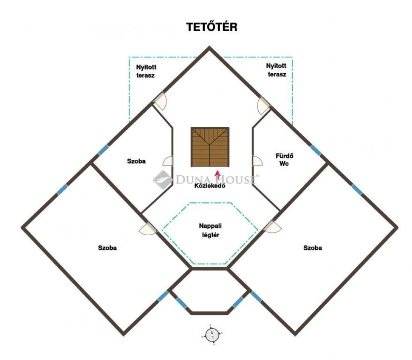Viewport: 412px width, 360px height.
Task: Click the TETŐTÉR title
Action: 212,27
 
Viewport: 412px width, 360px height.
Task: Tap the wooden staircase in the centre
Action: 210,147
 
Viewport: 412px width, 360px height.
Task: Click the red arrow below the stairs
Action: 218,175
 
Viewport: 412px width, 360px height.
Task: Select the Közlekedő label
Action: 210,186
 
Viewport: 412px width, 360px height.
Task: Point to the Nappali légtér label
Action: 210,230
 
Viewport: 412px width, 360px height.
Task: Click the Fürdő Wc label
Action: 284,160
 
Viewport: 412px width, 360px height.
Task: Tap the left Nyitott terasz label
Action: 146,71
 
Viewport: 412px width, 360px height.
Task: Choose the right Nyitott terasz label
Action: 276,70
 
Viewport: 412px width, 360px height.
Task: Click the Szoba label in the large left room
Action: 107,247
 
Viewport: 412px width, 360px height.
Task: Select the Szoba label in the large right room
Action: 312,247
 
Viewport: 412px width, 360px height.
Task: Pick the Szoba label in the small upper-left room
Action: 136,161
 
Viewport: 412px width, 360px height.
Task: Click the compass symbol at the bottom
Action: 212,335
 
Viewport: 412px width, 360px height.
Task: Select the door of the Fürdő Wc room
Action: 257,161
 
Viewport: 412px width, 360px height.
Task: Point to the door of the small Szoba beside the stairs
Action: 168,161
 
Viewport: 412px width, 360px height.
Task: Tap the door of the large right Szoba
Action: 272,227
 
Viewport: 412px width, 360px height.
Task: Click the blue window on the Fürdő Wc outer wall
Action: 315,150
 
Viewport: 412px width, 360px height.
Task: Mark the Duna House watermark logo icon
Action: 163,179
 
